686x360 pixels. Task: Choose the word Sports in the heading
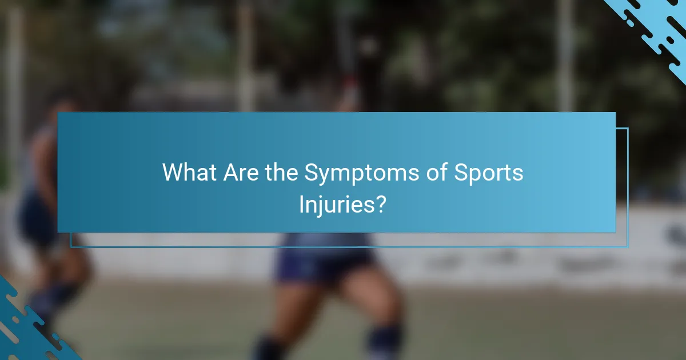[489, 173]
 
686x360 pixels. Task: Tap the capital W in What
[173, 172]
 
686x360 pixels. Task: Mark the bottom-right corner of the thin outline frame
[628, 247]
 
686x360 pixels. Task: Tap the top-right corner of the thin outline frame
[628, 128]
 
